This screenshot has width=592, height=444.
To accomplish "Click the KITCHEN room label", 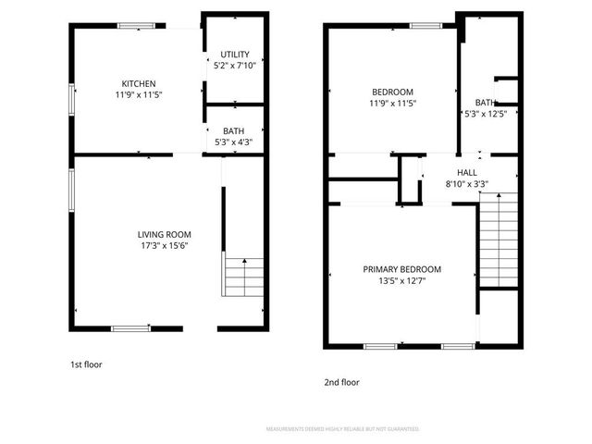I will pyautogui.click(x=139, y=83).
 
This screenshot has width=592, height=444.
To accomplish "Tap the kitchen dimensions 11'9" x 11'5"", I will pyautogui.click(x=139, y=94).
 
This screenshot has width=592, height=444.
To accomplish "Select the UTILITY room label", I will pyautogui.click(x=234, y=55).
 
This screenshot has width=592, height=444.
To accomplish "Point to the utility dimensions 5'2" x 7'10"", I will pyautogui.click(x=234, y=67).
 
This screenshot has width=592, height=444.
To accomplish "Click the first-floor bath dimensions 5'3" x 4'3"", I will pyautogui.click(x=234, y=142).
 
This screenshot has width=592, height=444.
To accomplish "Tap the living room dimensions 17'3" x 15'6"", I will pyautogui.click(x=164, y=247).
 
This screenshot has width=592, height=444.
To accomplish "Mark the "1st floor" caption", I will pyautogui.click(x=86, y=364).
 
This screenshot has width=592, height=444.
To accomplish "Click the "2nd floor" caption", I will pyautogui.click(x=341, y=382).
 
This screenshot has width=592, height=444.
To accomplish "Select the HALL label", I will pyautogui.click(x=467, y=172).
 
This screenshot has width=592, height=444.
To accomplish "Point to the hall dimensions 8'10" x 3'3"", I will pyautogui.click(x=467, y=184).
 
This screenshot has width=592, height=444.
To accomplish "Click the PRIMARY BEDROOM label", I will pyautogui.click(x=401, y=269).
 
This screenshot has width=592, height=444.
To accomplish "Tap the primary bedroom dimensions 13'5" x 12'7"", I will pyautogui.click(x=401, y=281).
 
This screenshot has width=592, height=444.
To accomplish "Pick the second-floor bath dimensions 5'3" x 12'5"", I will pyautogui.click(x=487, y=114).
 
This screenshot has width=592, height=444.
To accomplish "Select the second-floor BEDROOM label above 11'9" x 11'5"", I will pyautogui.click(x=393, y=92).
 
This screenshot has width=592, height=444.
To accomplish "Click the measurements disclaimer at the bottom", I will pyautogui.click(x=342, y=429).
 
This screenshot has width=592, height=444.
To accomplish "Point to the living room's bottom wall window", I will pyautogui.click(x=129, y=327).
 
